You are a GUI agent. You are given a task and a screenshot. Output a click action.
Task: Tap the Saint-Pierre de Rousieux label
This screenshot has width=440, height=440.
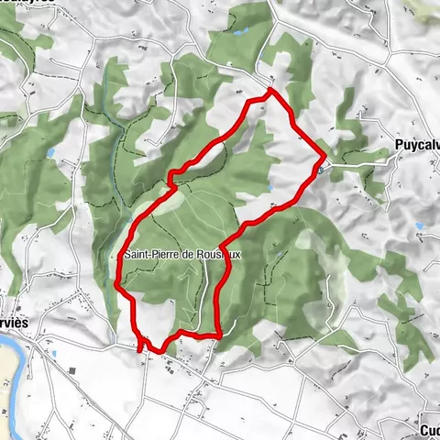point(180,256)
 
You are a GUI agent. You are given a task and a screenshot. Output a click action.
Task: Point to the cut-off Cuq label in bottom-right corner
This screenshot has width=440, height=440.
point(429,430)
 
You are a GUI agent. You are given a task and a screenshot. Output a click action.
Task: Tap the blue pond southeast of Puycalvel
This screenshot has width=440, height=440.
point(419,225)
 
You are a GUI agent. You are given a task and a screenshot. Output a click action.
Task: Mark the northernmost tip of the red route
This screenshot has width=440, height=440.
point(269,91)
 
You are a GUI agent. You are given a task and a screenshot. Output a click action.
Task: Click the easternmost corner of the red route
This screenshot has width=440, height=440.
point(325,153)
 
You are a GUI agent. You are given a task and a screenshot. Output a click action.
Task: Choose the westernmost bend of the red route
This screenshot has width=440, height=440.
point(117,284)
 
